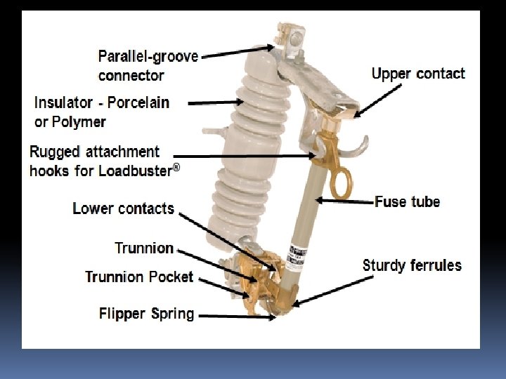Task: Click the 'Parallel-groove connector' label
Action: (x=148, y=65)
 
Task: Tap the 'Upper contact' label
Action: (x=418, y=74)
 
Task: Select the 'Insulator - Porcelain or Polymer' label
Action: (x=102, y=112)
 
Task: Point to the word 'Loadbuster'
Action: (x=136, y=170)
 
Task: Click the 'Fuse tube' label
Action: (x=408, y=202)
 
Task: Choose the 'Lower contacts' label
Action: (x=123, y=208)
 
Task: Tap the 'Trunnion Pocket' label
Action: (x=139, y=277)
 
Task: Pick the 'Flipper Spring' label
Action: (x=146, y=313)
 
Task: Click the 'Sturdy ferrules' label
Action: (x=412, y=265)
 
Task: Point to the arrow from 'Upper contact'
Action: (x=380, y=98)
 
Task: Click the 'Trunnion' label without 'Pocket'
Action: (x=143, y=248)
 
